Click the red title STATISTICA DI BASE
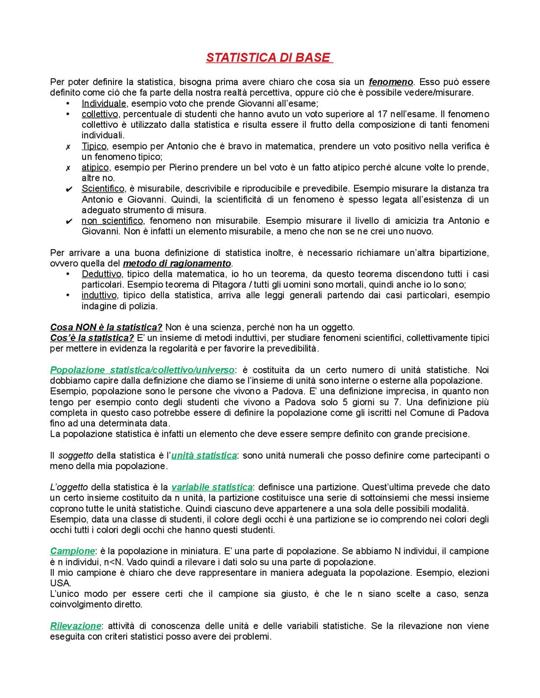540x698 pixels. (269, 58)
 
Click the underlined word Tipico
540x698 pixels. (94, 146)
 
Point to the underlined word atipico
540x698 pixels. (95, 168)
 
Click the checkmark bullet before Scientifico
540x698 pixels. (69, 189)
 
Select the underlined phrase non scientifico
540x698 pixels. (112, 221)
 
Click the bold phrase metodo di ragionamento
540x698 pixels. (177, 263)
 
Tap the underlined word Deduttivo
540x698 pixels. (101, 274)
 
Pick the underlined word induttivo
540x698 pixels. (99, 295)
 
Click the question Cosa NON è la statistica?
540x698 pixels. (106, 328)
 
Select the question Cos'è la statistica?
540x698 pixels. (92, 338)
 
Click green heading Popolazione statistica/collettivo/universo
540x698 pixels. (142, 370)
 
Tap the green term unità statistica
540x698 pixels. (204, 456)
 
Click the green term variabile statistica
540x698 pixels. (212, 487)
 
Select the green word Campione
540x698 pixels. (73, 551)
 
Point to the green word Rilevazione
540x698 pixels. (76, 626)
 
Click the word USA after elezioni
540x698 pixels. (60, 583)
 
